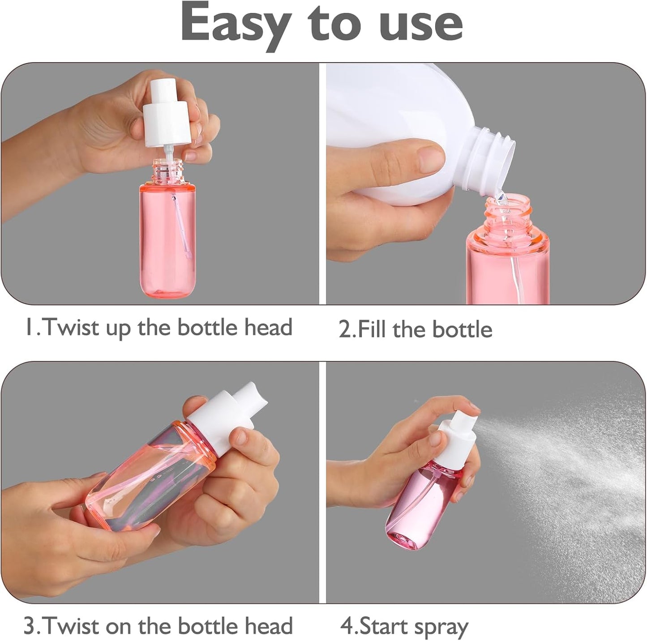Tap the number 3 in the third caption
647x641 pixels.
[29, 626]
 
